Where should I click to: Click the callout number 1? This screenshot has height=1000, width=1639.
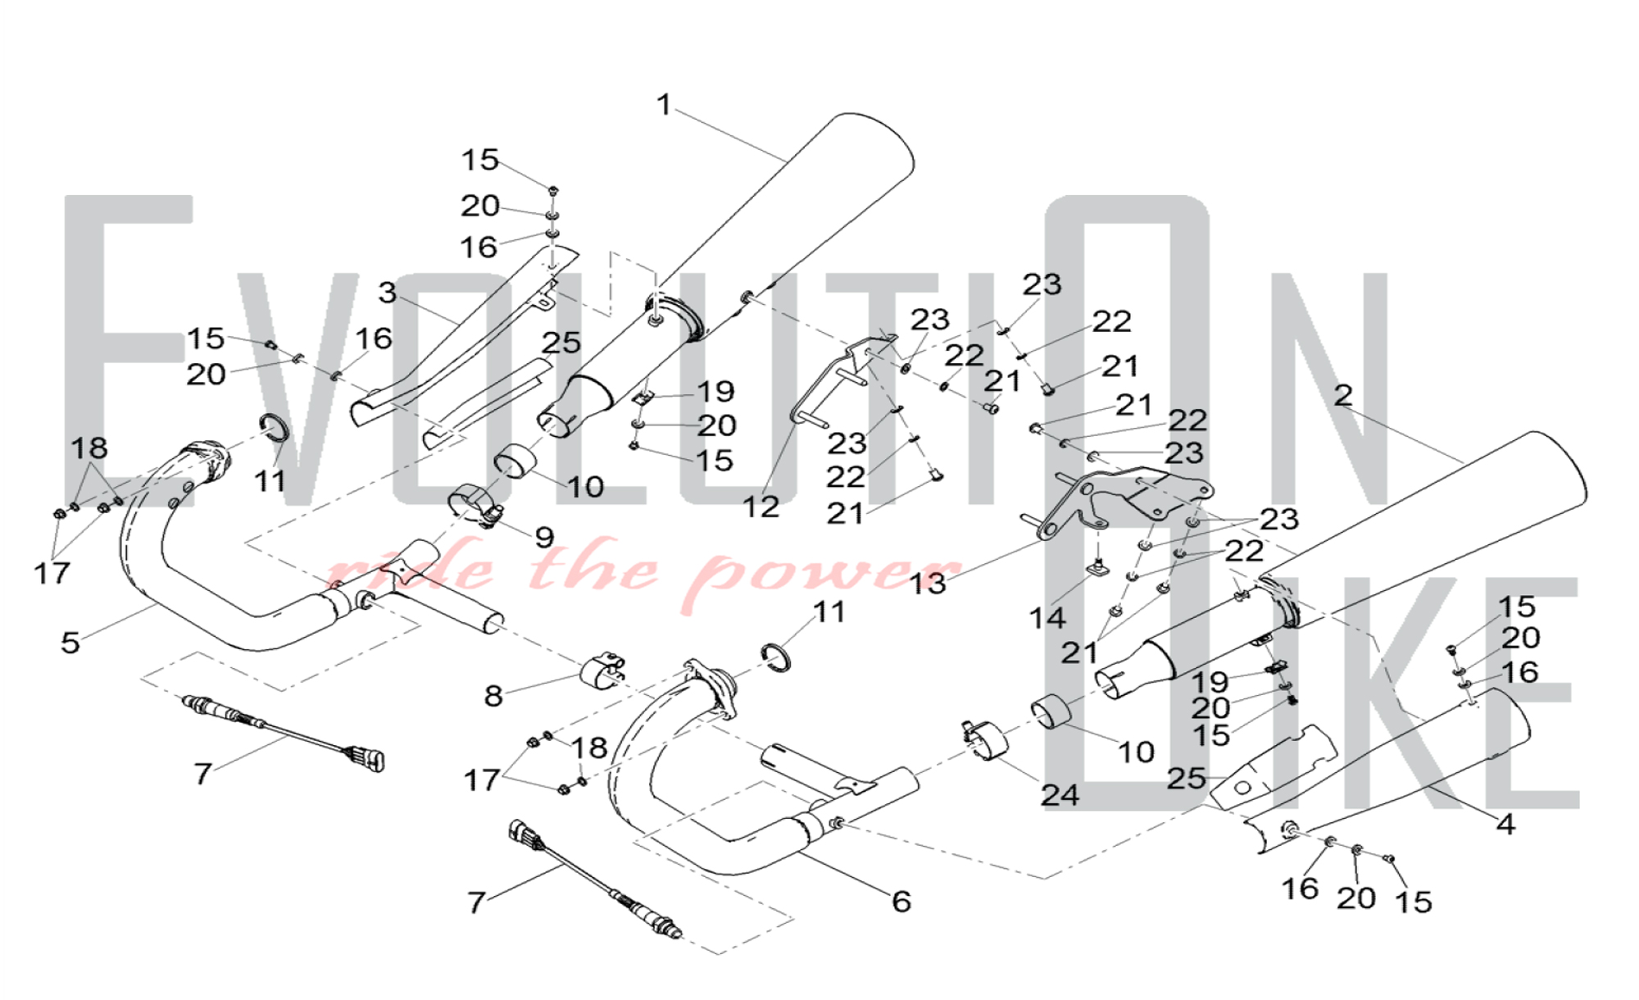pyautogui.click(x=664, y=106)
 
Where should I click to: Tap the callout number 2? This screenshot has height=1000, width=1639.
pyautogui.click(x=1342, y=396)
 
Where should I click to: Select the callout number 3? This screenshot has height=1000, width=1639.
pyautogui.click(x=388, y=293)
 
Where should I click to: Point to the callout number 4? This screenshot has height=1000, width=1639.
pyautogui.click(x=1505, y=825)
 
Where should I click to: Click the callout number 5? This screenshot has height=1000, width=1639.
pyautogui.click(x=70, y=643)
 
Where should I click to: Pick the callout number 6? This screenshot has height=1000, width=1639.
pyautogui.click(x=901, y=902)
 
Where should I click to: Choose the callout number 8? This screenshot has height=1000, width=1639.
pyautogui.click(x=493, y=696)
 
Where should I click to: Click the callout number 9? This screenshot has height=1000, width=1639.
pyautogui.click(x=544, y=538)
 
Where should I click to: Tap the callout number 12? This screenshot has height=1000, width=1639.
pyautogui.click(x=760, y=507)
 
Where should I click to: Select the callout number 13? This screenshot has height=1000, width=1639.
pyautogui.click(x=928, y=584)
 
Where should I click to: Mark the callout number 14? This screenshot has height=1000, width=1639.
pyautogui.click(x=1047, y=618)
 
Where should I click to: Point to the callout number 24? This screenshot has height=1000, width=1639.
pyautogui.click(x=1059, y=794)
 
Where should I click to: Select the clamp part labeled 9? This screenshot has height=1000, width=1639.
pyautogui.click(x=475, y=505)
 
